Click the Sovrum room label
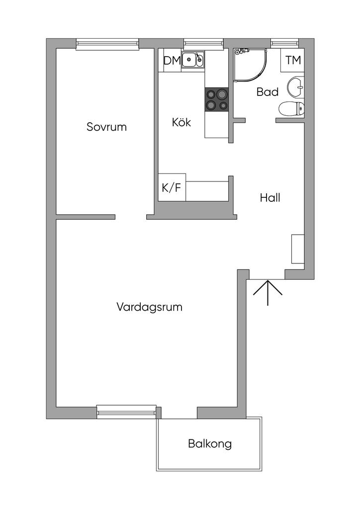click(106, 127)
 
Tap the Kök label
click(181, 122)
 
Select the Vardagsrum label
click(149, 307)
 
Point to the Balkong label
click(210, 443)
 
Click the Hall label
click(270, 198)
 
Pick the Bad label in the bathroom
click(267, 92)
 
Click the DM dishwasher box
click(172, 61)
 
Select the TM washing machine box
click(293, 61)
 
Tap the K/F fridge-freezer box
click(172, 187)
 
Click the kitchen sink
click(192, 60)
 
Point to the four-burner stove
click(216, 99)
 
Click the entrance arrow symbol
click(268, 292)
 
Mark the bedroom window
click(107, 45)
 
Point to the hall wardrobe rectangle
click(297, 249)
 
